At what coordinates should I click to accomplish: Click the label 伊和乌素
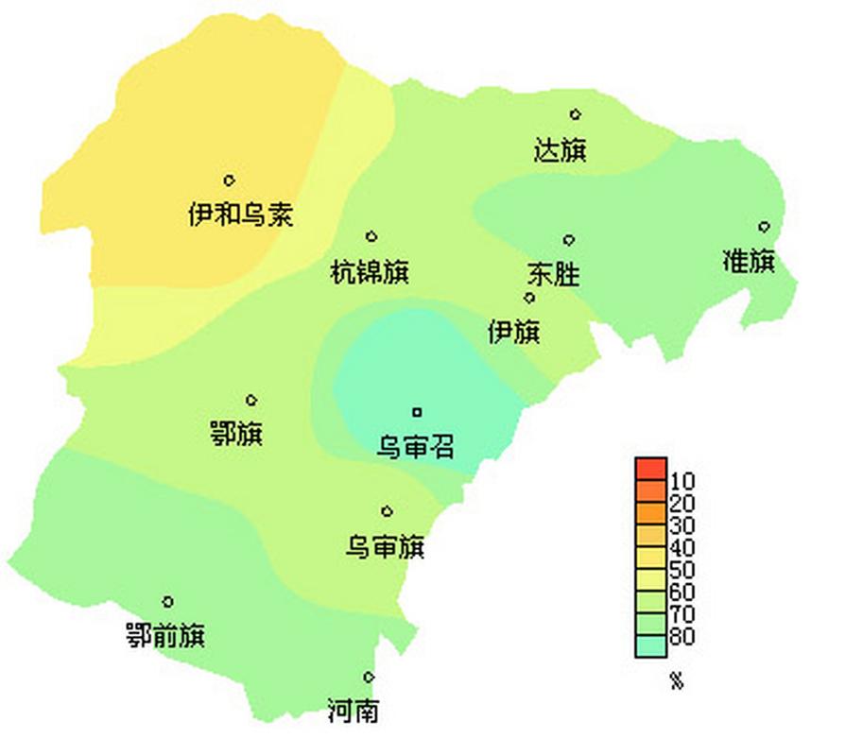(240, 215)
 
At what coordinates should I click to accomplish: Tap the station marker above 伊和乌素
(229, 180)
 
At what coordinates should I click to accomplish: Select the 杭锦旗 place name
(370, 273)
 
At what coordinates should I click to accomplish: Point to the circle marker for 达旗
(575, 114)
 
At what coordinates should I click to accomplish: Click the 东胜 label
(553, 275)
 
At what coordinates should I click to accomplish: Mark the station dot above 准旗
(764, 226)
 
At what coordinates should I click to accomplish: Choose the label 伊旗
(513, 332)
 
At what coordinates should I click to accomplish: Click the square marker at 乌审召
(416, 411)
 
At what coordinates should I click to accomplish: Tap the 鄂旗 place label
(235, 435)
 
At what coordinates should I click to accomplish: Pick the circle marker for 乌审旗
(387, 511)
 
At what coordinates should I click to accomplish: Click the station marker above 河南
(369, 677)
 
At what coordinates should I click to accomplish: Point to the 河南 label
(354, 711)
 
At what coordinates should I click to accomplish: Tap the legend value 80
(682, 636)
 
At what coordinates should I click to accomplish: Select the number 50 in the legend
(682, 570)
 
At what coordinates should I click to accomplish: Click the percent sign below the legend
(676, 681)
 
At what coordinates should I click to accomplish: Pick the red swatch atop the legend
(650, 467)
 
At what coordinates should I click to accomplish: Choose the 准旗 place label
(749, 262)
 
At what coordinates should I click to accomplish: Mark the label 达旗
(561, 150)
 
